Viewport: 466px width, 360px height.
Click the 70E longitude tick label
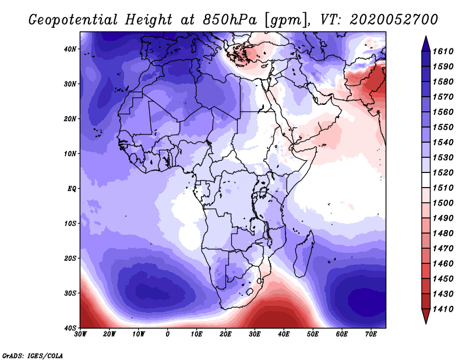point(370,334)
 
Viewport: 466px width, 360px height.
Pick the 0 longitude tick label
point(168,334)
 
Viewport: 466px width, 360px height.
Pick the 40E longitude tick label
point(284,334)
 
